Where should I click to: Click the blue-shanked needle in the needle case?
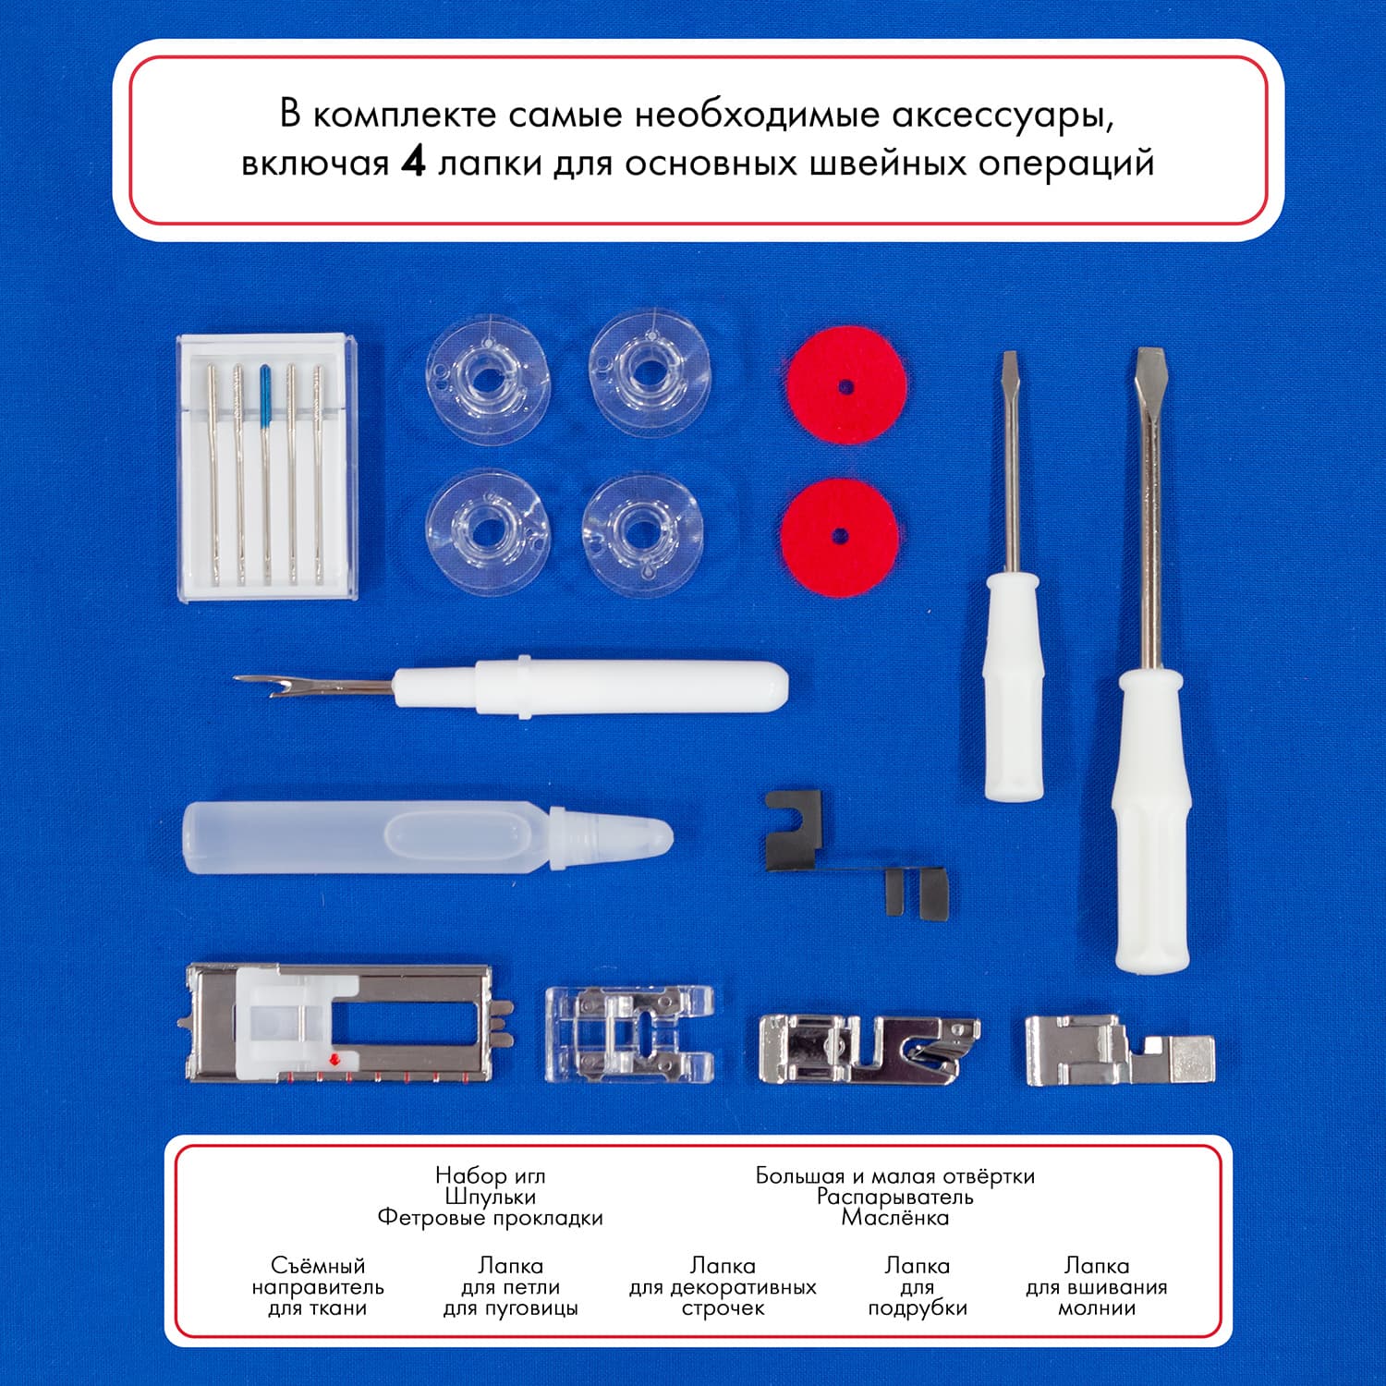(x=266, y=471)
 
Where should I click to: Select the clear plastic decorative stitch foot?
(x=629, y=1033)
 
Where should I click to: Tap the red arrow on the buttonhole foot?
(x=334, y=1059)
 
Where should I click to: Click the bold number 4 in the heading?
(x=413, y=163)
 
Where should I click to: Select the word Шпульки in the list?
(x=490, y=1197)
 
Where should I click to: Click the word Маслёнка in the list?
(x=894, y=1217)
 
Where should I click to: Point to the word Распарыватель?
(x=894, y=1197)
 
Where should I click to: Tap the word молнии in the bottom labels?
(x=1096, y=1308)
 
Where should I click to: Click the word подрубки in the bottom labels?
(x=918, y=1308)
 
